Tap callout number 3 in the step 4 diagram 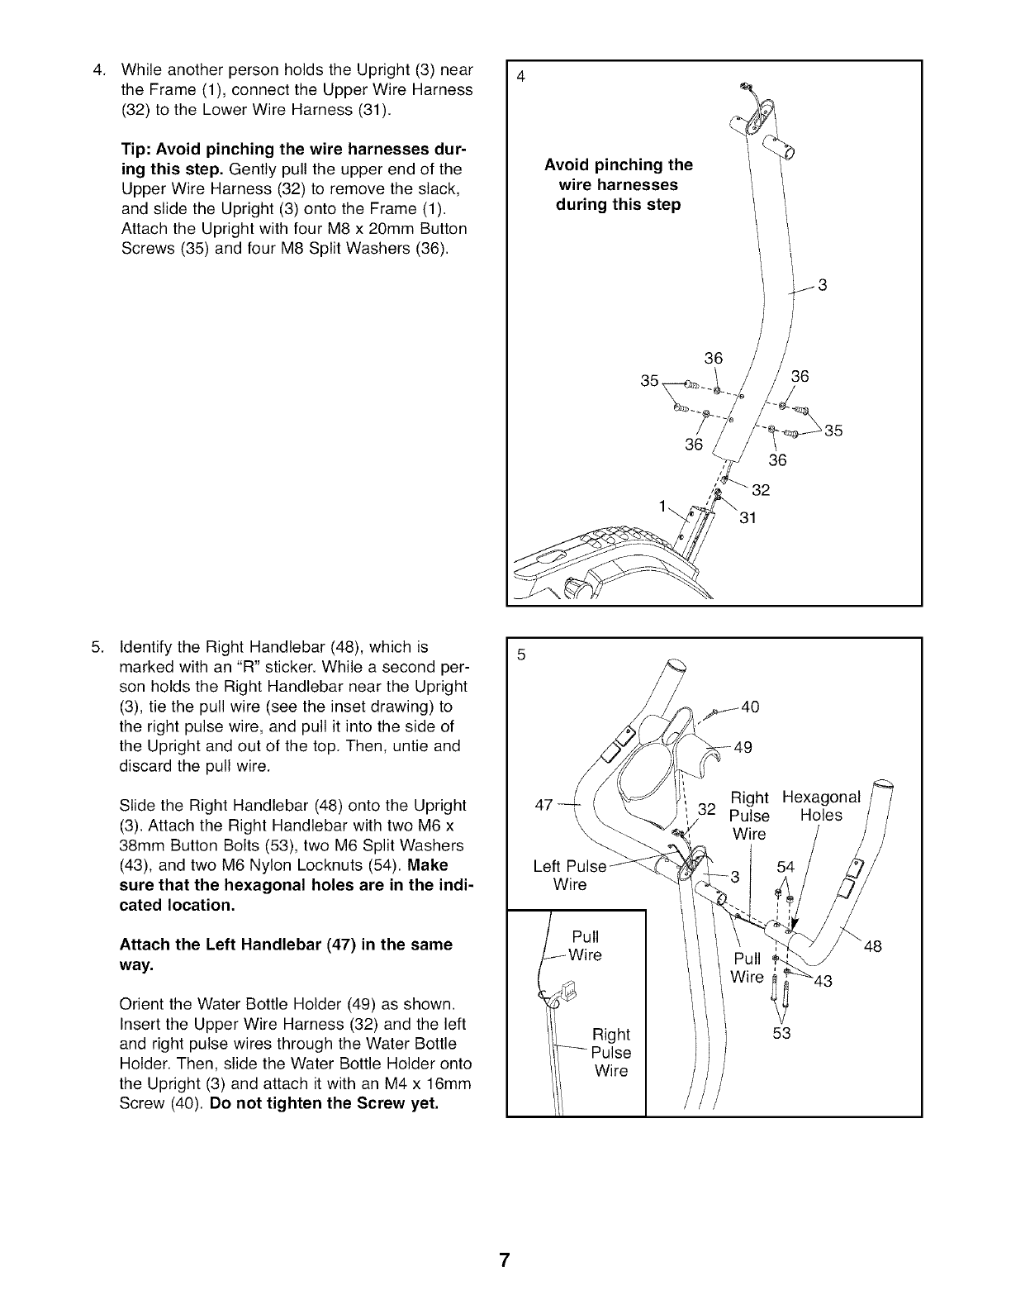[822, 286]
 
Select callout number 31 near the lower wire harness [745, 518]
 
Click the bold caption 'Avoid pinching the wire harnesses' [619, 184]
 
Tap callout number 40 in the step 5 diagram [750, 707]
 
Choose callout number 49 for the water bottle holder [743, 748]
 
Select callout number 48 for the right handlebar [873, 947]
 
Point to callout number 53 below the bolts [781, 1033]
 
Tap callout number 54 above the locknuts [786, 867]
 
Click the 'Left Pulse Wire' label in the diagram [570, 876]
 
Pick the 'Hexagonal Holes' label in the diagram [821, 807]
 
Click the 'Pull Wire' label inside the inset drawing [586, 946]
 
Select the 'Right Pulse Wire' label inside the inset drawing [611, 1053]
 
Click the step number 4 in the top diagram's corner [520, 78]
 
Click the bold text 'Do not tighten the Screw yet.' [324, 1103]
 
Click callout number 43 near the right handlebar [822, 982]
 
